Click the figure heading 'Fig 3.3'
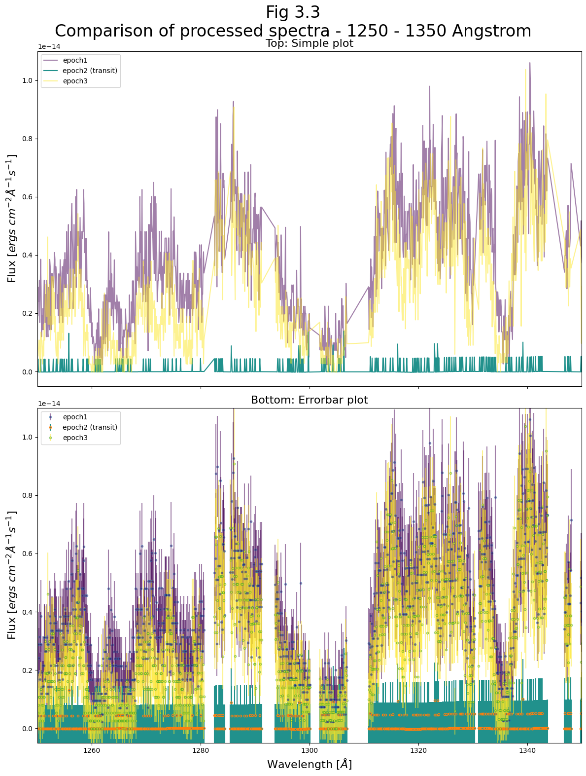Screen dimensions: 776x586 pos(293,12)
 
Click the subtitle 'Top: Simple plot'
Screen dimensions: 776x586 pos(309,43)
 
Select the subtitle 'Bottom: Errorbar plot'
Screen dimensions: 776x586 pos(309,400)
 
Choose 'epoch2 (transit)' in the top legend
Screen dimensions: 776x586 pos(90,71)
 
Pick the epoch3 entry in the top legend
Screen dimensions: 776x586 pos(75,81)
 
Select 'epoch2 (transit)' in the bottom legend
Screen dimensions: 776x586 pos(90,427)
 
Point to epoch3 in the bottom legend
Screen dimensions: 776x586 pos(75,438)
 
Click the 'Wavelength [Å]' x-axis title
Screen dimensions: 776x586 pos(309,765)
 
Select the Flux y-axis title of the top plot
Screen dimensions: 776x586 pos(12,218)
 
